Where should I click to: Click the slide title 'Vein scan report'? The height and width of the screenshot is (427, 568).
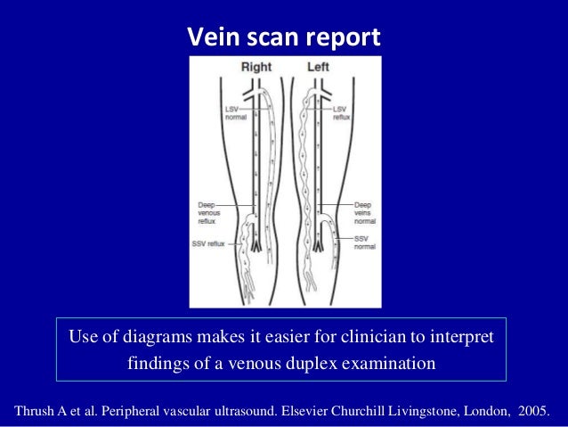[283, 38]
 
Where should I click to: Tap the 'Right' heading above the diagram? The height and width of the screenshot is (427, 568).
[257, 67]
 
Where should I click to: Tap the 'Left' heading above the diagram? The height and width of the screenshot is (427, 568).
[318, 67]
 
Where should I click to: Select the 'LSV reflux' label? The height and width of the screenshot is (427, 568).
[341, 112]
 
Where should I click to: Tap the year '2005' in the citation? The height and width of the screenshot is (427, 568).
[531, 411]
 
